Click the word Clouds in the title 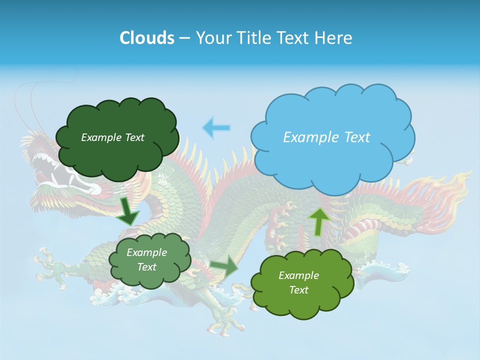point(147,38)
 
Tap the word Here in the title point(334,38)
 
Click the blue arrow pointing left point(216,127)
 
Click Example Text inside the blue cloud point(326,137)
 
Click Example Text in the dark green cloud point(112,137)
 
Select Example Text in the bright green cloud point(298,282)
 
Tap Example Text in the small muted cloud point(146,259)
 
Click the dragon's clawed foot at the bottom point(225,320)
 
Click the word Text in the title point(295,38)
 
